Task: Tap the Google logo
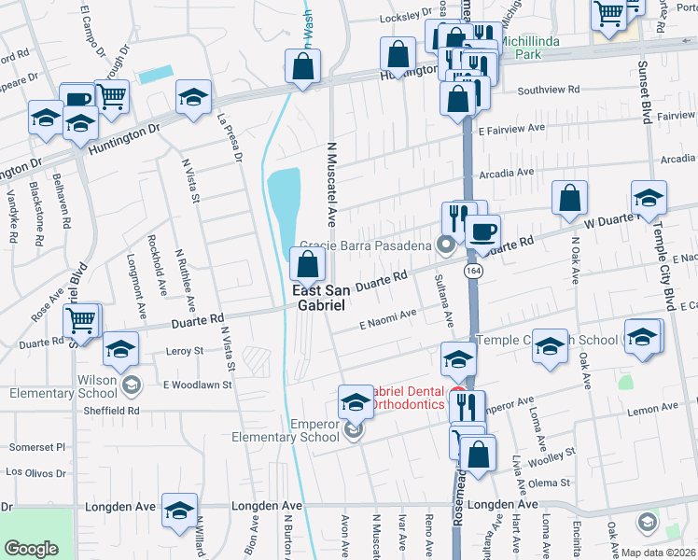point(32,549)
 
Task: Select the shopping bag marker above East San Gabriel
point(308,264)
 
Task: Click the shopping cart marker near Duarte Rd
point(82,321)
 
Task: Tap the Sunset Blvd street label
point(644,93)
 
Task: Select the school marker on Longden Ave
point(180,510)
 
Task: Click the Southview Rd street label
point(549,91)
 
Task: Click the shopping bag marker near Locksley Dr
point(398,55)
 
